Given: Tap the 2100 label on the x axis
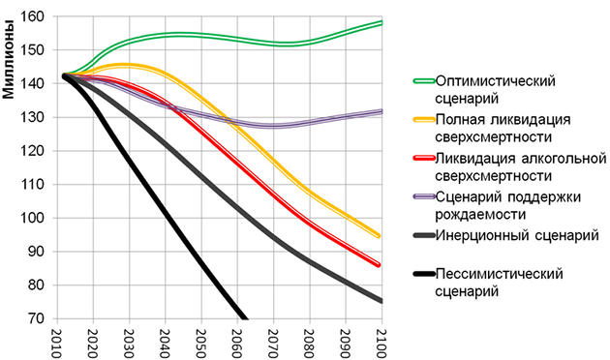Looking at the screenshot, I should (380, 342).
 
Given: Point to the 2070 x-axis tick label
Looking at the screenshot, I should (273, 342).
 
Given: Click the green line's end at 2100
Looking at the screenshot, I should (381, 22).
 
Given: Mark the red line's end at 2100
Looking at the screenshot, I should (381, 265).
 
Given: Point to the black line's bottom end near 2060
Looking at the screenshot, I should (244, 318).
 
